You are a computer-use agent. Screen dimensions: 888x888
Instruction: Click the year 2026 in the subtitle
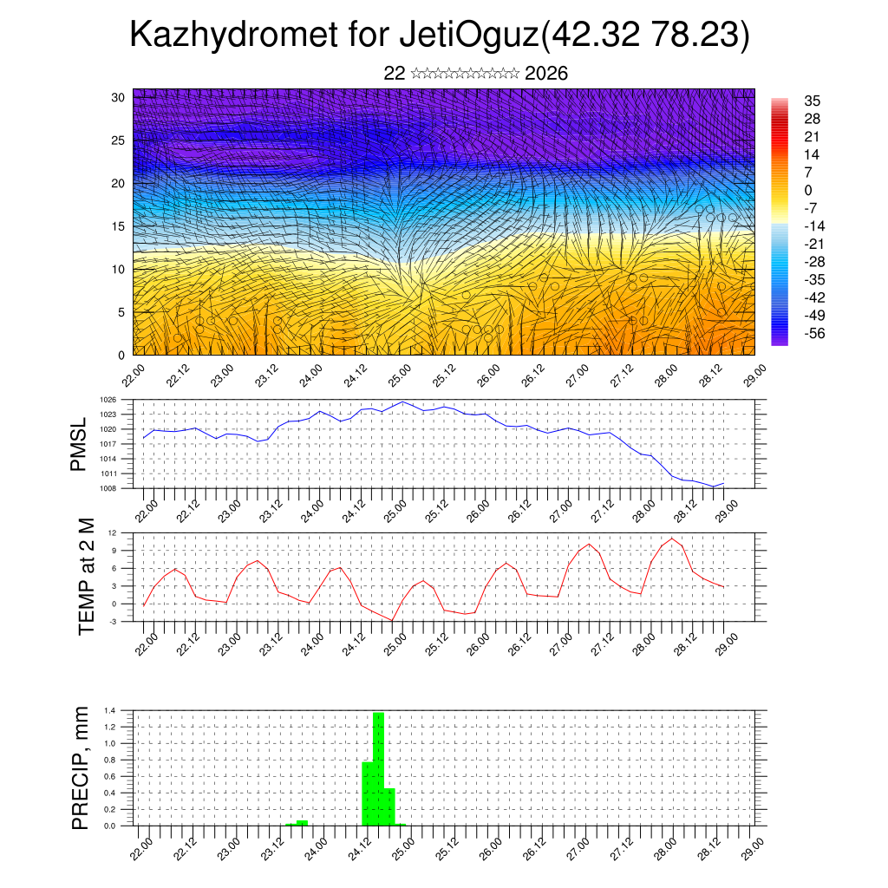(546, 74)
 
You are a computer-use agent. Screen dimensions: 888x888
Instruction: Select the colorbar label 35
(813, 101)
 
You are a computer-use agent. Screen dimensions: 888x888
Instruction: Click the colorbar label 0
(808, 190)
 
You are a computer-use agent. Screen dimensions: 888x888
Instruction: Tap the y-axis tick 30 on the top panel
(118, 97)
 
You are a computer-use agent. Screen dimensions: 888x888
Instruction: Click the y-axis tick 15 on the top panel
(118, 226)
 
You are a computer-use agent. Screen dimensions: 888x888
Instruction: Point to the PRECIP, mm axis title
(81, 767)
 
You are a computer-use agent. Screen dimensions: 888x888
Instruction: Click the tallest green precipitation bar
(378, 767)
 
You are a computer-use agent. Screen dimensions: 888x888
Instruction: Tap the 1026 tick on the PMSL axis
(108, 400)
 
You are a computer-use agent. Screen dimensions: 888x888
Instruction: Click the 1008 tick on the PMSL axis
(108, 488)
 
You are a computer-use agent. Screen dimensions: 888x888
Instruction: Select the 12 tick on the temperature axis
(113, 532)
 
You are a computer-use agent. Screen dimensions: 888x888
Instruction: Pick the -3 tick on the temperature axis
(113, 622)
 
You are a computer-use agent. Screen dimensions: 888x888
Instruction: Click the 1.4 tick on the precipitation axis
(110, 710)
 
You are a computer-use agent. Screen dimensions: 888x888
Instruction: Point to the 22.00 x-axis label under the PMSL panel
(144, 509)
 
